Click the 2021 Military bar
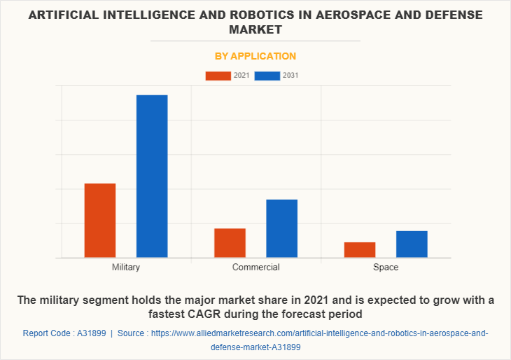point(100,221)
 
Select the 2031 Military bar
point(152,176)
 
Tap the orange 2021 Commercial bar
point(230,243)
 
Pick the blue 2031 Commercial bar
point(281,228)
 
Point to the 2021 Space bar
point(360,250)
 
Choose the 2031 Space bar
point(412,244)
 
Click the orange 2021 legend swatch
point(218,76)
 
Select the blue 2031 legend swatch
point(267,76)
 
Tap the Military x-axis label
point(126,268)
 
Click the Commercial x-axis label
point(255,268)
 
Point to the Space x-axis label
point(386,268)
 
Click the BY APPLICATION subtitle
point(255,56)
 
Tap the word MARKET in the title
point(255,29)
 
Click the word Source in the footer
point(131,333)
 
